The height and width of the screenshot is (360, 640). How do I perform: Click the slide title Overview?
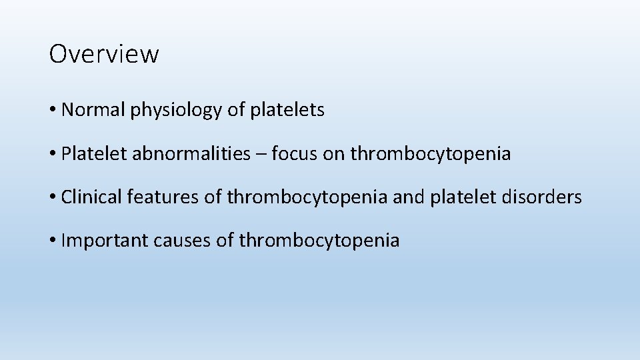104,54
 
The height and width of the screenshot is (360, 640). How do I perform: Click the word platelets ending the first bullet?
287,110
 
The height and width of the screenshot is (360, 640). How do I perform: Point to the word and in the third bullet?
410,197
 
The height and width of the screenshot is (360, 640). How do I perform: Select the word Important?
104,241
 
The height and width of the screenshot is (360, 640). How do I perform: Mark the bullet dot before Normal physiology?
53,111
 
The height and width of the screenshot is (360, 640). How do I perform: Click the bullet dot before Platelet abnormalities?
53,155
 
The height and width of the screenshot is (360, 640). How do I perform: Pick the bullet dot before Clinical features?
53,198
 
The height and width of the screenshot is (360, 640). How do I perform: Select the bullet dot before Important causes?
53,241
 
